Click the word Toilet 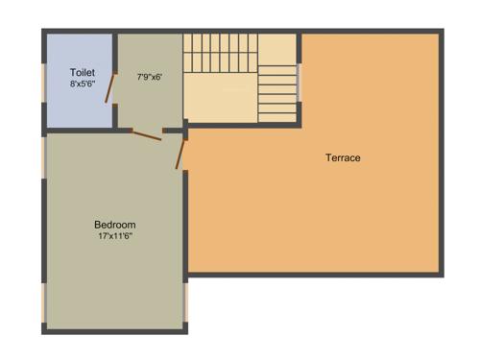[83, 73]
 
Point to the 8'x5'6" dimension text [83, 84]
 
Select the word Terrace [343, 157]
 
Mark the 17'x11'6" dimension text [113, 235]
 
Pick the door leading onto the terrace [180, 154]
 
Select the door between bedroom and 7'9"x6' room [147, 135]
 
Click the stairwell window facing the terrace [300, 83]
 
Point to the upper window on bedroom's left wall [44, 158]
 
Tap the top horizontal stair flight [221, 48]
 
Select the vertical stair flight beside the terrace [277, 94]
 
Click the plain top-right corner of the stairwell [277, 48]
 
